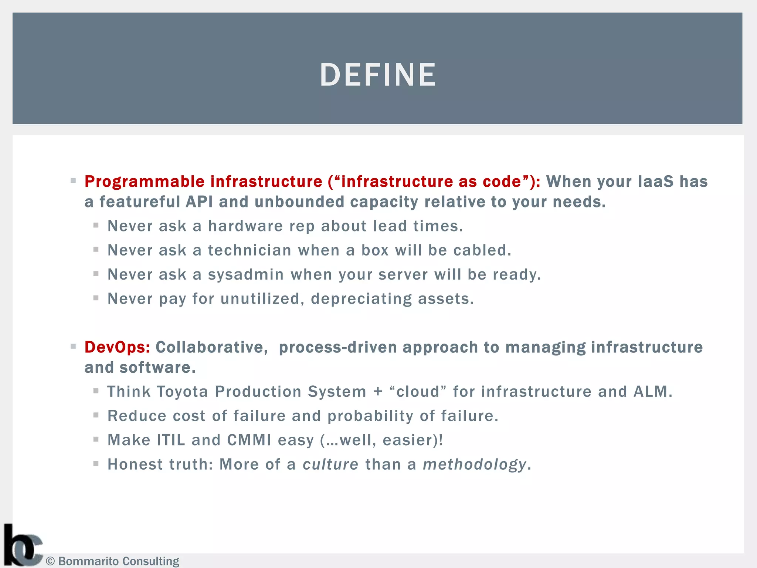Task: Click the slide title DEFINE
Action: [378, 75]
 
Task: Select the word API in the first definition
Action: [199, 202]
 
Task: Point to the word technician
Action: [250, 250]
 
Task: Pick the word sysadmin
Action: [246, 275]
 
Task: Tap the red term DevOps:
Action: [117, 347]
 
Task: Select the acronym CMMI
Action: [249, 440]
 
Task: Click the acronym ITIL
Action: [171, 440]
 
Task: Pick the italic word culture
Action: [330, 464]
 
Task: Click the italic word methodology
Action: [475, 464]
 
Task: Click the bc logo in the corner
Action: [22, 545]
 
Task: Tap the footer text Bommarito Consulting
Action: [118, 561]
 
